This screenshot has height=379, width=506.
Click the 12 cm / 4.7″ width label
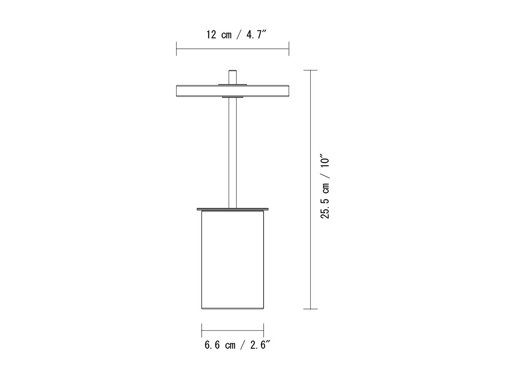pos(236,35)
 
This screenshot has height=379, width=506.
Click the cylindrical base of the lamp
pos(233,260)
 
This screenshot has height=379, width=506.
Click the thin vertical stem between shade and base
pos(233,152)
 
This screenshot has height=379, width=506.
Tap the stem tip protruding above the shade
pos(233,77)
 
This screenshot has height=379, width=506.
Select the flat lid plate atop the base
pos(233,209)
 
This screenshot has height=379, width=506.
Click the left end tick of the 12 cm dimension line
pos(177,49)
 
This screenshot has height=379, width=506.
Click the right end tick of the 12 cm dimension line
pos(289,49)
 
